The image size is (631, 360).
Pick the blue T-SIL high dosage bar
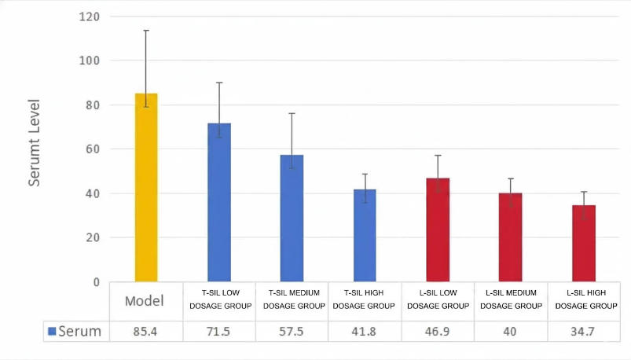click(365, 235)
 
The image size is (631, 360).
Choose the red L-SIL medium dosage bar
click(511, 237)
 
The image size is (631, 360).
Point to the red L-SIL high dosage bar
click(584, 243)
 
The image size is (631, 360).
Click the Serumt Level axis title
click(35, 141)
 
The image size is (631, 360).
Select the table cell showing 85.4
click(146, 332)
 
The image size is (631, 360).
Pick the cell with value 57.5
click(292, 332)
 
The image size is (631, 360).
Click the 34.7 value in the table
click(584, 332)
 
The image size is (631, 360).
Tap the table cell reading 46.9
click(438, 332)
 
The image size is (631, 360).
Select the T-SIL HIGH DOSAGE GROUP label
click(365, 300)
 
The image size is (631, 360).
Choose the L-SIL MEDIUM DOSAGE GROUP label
click(511, 300)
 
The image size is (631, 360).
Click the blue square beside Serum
click(52, 332)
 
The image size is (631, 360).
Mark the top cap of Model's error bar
click(146, 31)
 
